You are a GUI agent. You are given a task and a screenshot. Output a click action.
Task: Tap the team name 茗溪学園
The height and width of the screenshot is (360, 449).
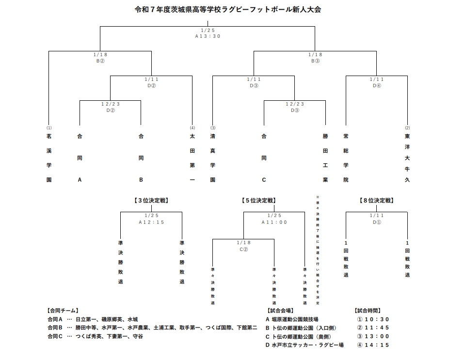(48, 158)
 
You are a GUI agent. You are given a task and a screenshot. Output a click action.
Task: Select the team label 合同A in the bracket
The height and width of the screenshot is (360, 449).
(80, 158)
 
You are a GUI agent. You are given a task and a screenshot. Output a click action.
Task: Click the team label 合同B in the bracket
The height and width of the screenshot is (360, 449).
(141, 158)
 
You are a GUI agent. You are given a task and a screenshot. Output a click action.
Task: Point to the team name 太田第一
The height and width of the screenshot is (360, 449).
(192, 158)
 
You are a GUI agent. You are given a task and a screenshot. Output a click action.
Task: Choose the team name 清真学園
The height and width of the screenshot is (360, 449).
(212, 158)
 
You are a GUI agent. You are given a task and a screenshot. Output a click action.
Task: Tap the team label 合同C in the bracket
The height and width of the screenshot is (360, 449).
(264, 158)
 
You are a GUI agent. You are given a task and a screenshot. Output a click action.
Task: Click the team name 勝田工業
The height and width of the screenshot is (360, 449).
(325, 158)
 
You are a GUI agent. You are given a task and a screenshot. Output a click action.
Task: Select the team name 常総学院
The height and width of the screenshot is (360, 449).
(346, 158)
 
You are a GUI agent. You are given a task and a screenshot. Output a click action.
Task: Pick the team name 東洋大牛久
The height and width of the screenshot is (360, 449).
(407, 158)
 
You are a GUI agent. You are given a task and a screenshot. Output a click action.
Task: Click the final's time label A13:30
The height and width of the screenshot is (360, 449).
(208, 36)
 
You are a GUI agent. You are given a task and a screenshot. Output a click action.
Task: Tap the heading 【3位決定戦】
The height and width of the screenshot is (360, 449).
(151, 200)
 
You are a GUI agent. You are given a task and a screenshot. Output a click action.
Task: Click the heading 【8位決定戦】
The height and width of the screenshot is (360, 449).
(376, 200)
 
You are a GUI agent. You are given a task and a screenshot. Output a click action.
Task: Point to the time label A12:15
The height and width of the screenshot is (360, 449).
(151, 222)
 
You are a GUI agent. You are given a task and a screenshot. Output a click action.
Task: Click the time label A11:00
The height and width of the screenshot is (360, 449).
(274, 222)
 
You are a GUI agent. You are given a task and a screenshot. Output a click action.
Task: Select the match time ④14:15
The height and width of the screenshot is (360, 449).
(373, 345)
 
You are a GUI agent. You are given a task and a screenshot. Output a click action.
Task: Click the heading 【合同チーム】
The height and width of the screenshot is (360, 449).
(63, 311)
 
